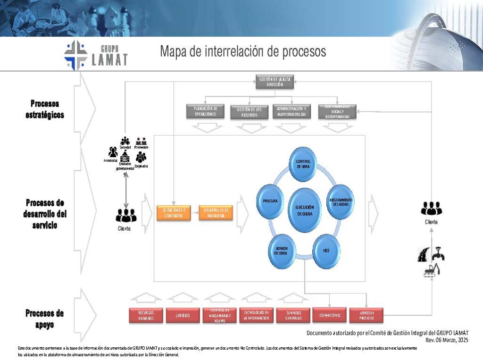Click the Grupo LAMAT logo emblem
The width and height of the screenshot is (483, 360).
76,55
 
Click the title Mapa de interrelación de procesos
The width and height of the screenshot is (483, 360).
243,51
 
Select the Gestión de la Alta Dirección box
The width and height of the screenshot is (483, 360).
271,82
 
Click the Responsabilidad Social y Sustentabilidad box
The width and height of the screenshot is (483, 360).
337,111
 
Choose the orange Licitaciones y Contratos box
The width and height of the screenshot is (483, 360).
174,213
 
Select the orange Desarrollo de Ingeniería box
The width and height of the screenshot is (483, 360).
216,213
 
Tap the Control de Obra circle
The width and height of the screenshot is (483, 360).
303,163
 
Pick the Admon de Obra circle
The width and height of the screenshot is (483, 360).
282,250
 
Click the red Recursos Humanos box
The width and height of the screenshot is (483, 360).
146,316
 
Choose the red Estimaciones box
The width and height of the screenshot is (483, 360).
330,315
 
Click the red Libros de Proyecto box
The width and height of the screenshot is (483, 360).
366,315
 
